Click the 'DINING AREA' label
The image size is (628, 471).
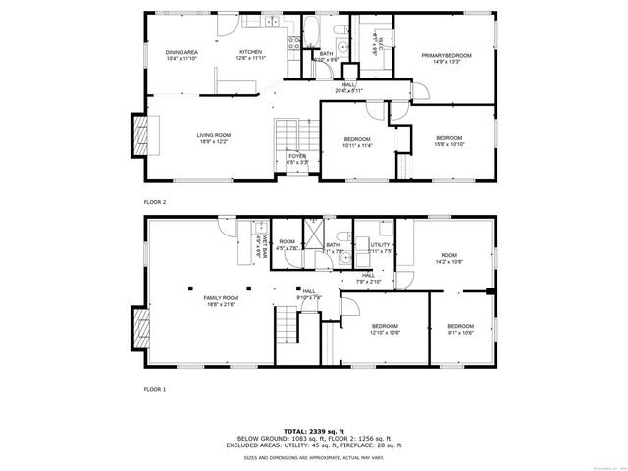[182, 52]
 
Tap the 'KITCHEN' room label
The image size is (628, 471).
[251, 52]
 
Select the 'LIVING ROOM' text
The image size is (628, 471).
[213, 136]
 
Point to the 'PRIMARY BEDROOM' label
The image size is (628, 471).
[446, 56]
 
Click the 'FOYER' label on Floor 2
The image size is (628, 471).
[296, 155]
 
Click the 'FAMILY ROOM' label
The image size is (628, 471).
[221, 298]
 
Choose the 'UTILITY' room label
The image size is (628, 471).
[381, 244]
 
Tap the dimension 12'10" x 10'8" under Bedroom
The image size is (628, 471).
[385, 332]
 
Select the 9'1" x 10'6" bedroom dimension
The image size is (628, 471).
[460, 332]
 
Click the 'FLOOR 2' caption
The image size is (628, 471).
[155, 201]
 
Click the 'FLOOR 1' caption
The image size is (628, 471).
[155, 389]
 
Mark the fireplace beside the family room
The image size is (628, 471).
[140, 327]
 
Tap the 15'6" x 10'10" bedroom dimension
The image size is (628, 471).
[448, 143]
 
